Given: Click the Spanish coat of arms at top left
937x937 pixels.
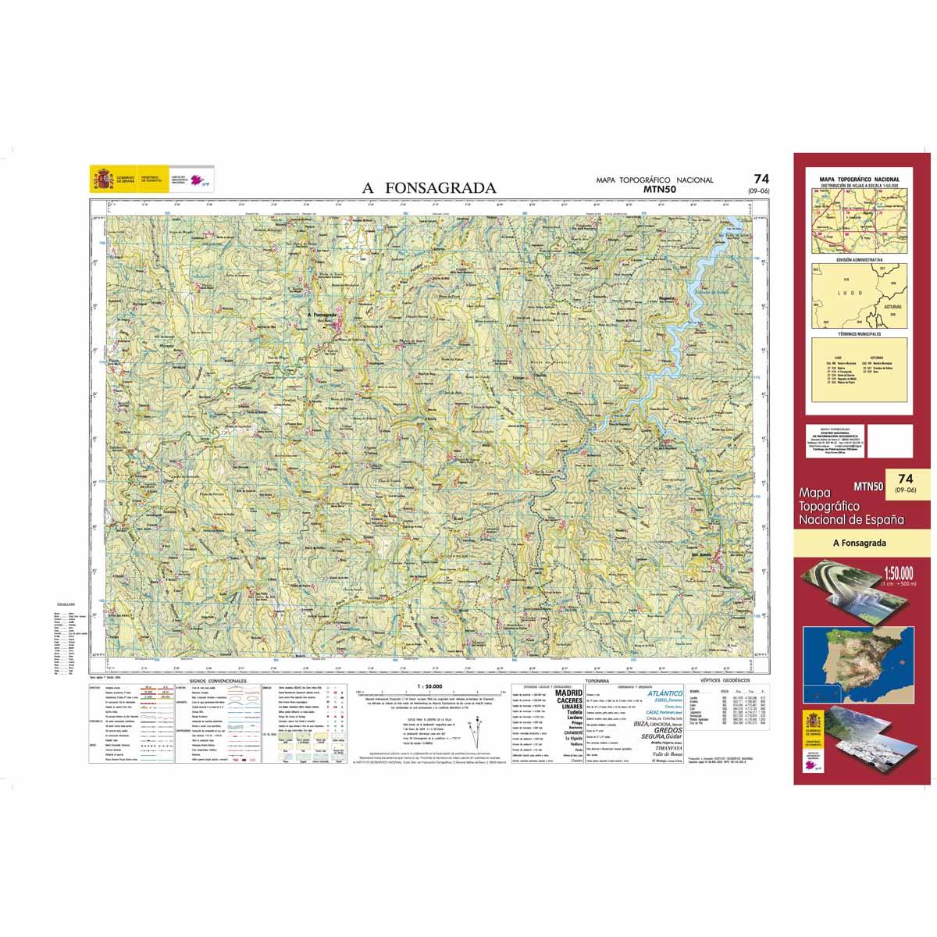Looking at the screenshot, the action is coord(102,180).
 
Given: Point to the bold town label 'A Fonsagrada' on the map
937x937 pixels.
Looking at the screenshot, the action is coord(322,315).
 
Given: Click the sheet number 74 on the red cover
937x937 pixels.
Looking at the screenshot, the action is coord(905,478).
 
